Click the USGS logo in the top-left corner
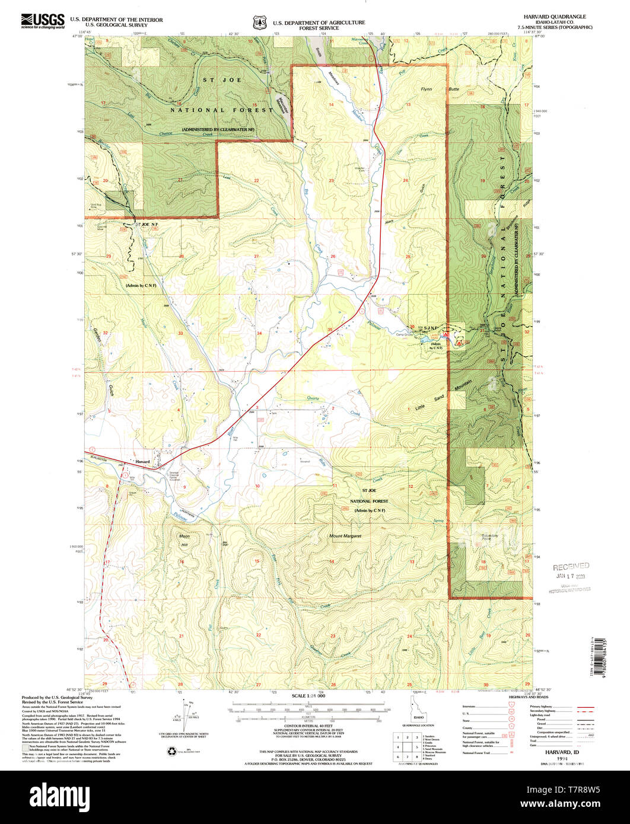point(43,21)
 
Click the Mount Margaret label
point(345,536)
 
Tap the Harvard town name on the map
point(143,461)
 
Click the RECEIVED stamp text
point(571,566)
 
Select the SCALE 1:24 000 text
point(309,695)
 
